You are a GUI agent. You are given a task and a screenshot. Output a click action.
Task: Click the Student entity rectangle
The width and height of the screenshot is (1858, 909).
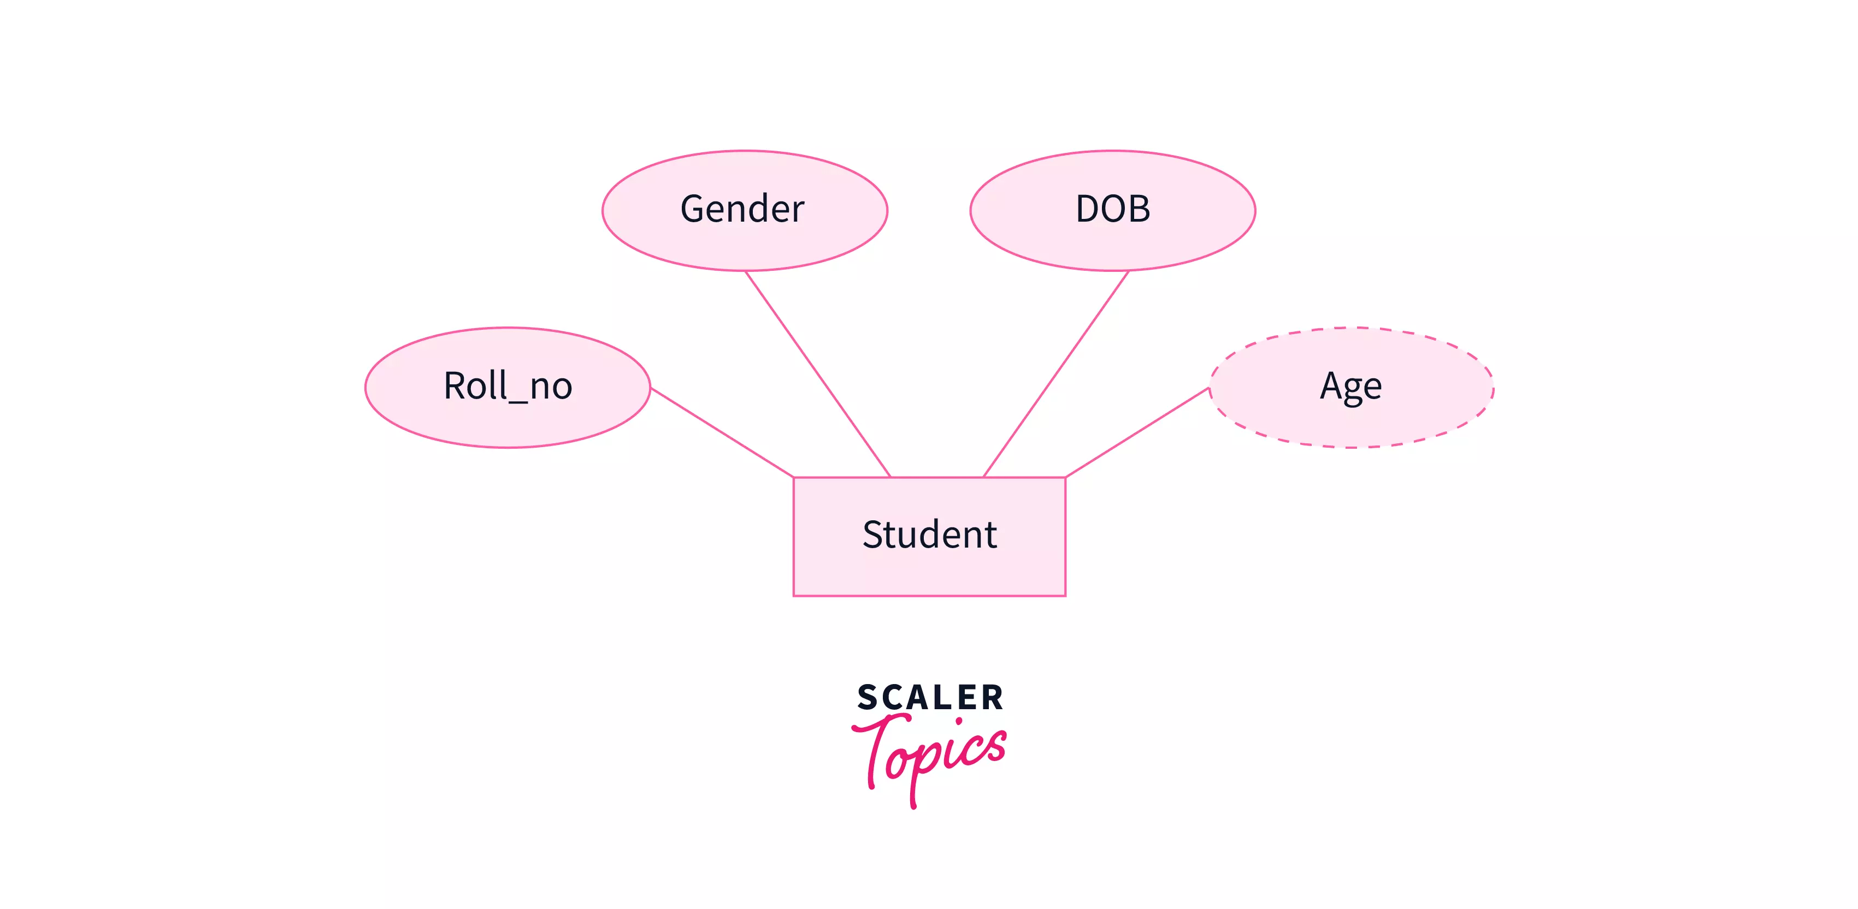pyautogui.click(x=929, y=569)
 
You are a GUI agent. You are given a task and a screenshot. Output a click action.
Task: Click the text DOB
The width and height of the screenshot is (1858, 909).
pyautogui.click(x=1112, y=209)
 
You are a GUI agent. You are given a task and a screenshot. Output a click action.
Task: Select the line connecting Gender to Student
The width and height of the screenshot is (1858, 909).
pyautogui.click(x=818, y=374)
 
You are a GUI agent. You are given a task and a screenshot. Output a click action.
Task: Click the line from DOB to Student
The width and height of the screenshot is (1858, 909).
pyautogui.click(x=1056, y=374)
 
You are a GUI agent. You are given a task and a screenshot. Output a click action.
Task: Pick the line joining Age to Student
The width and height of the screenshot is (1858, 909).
pyautogui.click(x=1137, y=432)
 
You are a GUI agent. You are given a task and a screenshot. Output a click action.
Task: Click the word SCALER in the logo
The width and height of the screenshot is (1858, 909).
pyautogui.click(x=930, y=698)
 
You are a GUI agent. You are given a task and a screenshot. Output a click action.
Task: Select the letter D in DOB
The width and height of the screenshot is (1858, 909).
pyautogui.click(x=1088, y=209)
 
